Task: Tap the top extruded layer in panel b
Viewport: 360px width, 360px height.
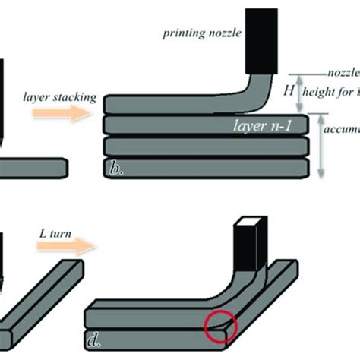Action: (182, 102)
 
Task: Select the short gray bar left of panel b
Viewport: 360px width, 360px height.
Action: (34, 165)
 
